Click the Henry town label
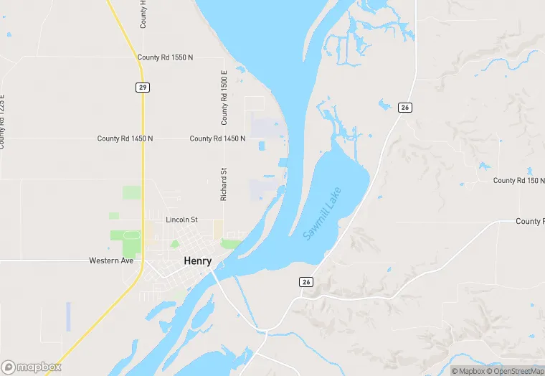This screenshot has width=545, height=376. click(198, 261)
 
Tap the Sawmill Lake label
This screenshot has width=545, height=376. click(322, 213)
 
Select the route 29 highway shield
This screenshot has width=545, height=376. click(143, 87)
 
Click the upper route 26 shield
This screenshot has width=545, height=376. click(405, 107)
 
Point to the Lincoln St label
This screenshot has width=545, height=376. click(181, 220)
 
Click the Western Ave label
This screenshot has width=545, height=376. click(111, 260)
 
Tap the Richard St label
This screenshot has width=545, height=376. click(224, 184)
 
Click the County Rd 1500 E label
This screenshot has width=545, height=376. click(224, 98)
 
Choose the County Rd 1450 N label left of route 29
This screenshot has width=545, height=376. click(125, 138)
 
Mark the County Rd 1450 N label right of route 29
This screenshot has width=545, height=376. click(217, 138)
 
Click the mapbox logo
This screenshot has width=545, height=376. click(32, 367)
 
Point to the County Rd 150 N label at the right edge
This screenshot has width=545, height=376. click(518, 180)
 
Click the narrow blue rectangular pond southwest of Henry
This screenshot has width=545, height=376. click(69, 316)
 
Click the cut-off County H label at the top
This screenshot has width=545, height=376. click(143, 14)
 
